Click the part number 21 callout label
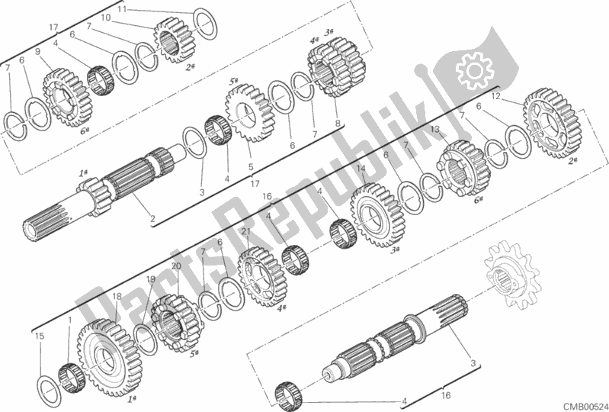(x=245, y=232)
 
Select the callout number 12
(x=495, y=96)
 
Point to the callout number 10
(x=106, y=18)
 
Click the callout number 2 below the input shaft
(x=152, y=219)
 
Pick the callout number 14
(x=361, y=169)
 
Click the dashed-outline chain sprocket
(x=512, y=275)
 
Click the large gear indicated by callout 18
(x=109, y=358)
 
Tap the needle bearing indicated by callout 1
(x=72, y=378)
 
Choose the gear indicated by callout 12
(x=552, y=124)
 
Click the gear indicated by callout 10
(x=175, y=40)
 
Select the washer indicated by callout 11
(x=205, y=24)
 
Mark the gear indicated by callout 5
(x=248, y=113)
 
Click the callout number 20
(x=176, y=266)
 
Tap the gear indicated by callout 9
(x=67, y=98)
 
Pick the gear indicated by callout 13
(x=463, y=168)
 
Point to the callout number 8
(x=338, y=123)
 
